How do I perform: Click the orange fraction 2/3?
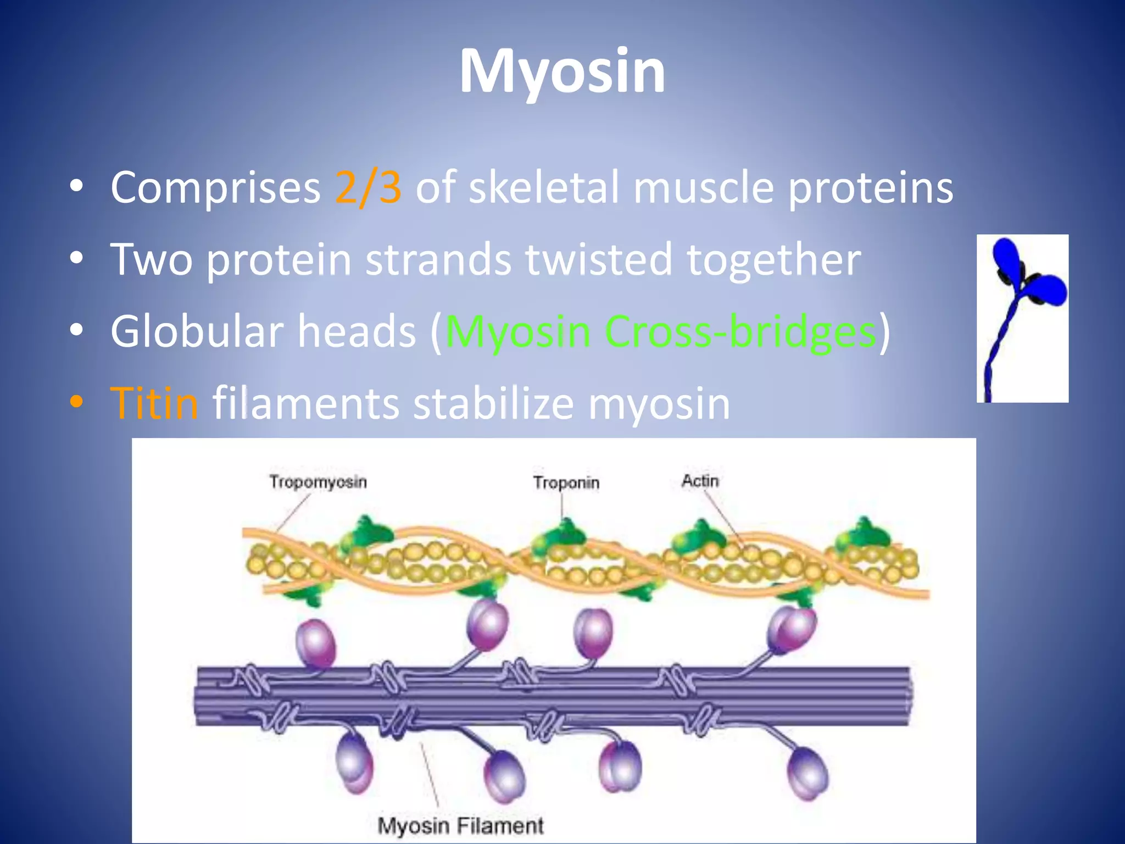tap(368, 188)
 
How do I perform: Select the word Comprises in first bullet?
tap(215, 188)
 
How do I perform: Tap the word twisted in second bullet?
tap(598, 259)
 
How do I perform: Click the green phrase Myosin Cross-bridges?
tap(660, 332)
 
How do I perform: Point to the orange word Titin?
tap(154, 403)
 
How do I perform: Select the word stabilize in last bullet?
tap(493, 403)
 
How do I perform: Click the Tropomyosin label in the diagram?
tap(318, 482)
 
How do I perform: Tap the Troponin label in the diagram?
tap(566, 482)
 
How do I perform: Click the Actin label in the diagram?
tap(700, 481)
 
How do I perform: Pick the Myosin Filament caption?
tap(460, 826)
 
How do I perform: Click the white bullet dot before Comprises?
tap(76, 186)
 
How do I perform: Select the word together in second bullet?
tap(773, 259)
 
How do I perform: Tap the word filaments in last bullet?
tap(305, 403)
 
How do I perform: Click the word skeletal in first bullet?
tap(543, 188)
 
